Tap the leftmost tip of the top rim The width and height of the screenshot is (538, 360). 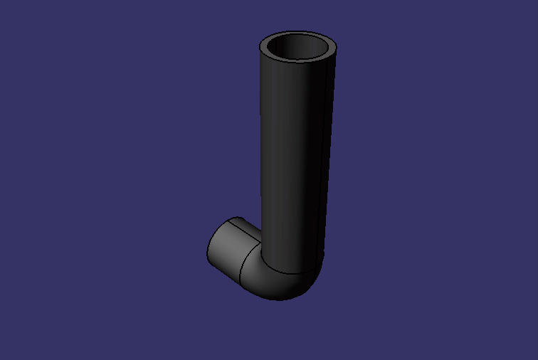click(260, 48)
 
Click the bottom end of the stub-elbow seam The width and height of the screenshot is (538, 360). click(241, 282)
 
